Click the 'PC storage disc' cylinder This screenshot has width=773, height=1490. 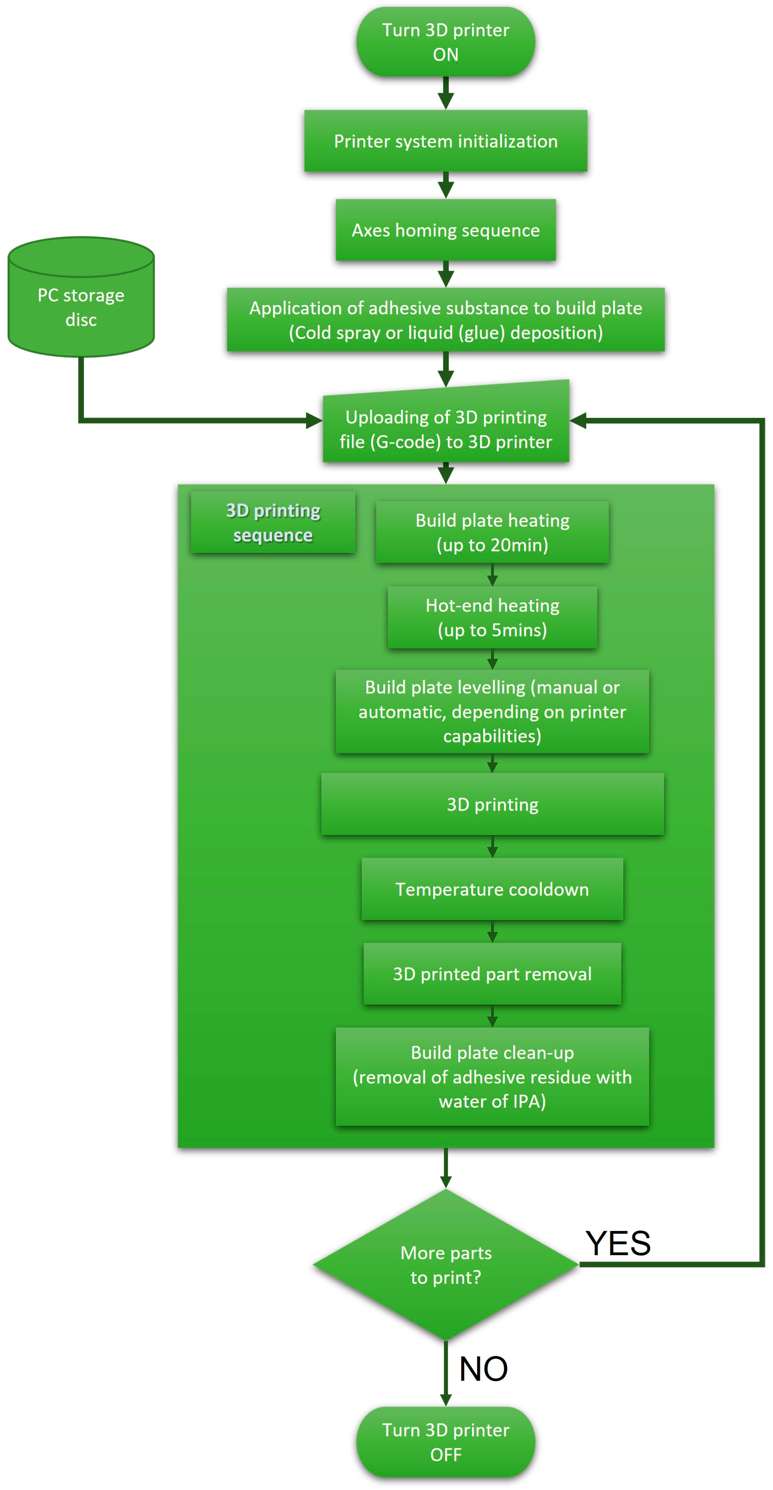tap(81, 306)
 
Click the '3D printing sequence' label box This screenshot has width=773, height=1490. tap(273, 522)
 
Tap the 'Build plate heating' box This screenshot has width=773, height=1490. tap(492, 532)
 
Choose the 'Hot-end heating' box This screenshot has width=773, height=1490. tap(492, 617)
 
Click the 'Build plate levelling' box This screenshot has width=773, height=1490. tap(492, 712)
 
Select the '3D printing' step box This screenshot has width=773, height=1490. tap(492, 804)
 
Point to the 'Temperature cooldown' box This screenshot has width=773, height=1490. tap(492, 889)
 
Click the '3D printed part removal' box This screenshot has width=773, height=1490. tap(492, 974)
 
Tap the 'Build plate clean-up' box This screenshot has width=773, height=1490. tap(492, 1077)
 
